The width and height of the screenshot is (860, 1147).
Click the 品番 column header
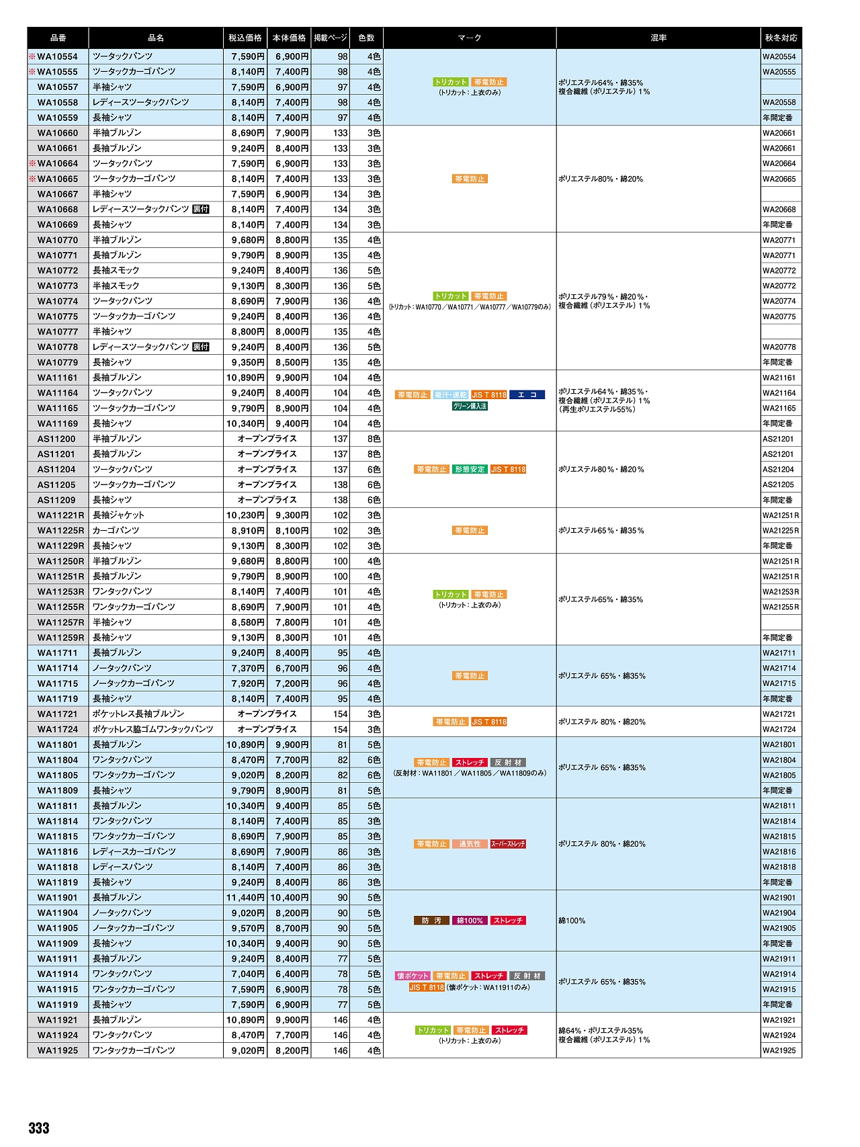[58, 38]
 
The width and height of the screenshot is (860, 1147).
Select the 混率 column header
[658, 38]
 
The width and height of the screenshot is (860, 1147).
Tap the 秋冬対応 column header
[781, 38]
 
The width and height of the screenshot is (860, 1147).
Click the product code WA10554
[57, 56]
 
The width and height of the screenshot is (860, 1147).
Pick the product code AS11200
[56, 439]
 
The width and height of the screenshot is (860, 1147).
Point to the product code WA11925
[57, 1050]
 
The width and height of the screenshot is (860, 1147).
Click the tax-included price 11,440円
[245, 898]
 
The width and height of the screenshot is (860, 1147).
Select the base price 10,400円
[290, 898]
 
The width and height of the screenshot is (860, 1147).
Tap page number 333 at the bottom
[39, 1128]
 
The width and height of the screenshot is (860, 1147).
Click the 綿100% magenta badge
[470, 921]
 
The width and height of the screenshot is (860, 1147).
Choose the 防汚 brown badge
[431, 921]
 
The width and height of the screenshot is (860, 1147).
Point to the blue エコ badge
[527, 395]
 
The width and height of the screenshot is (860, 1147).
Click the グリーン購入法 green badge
[470, 407]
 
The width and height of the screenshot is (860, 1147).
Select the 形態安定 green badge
[469, 470]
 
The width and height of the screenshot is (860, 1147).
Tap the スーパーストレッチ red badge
[508, 844]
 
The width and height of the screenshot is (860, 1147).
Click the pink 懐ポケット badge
[413, 976]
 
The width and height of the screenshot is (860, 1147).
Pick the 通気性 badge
[470, 844]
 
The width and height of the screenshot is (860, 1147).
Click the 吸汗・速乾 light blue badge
[450, 395]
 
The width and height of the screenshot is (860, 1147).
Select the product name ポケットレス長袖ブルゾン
[138, 714]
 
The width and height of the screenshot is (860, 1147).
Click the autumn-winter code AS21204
[778, 470]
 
